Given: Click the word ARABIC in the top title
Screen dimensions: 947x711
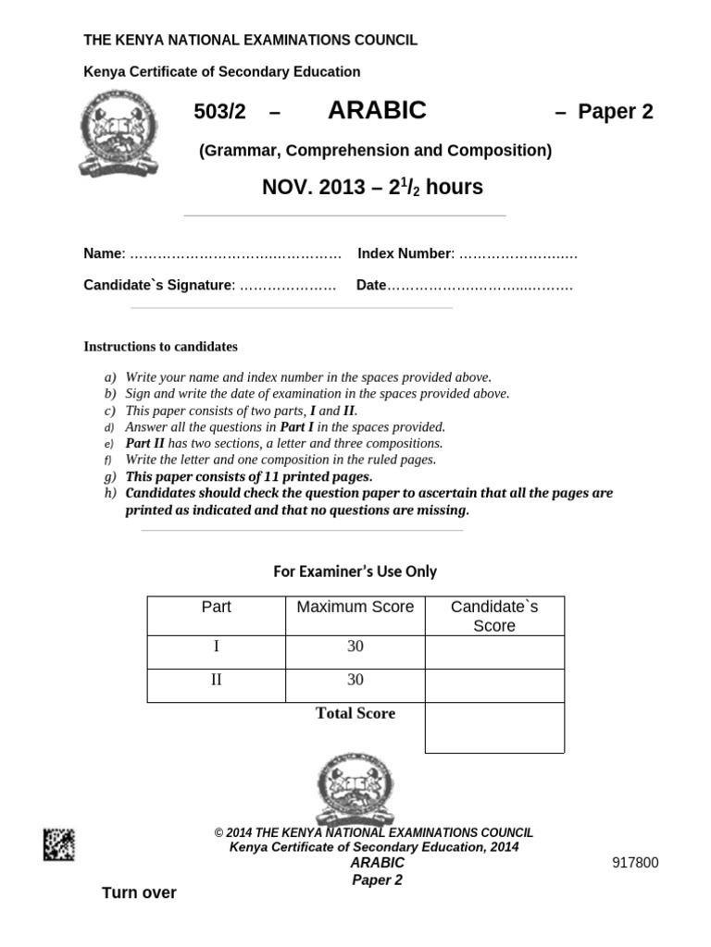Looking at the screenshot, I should point(377,111).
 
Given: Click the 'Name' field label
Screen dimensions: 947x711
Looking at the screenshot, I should point(103,253).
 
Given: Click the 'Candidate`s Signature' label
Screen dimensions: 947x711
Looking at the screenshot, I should point(156,285).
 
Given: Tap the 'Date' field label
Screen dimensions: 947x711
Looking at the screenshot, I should point(370,285).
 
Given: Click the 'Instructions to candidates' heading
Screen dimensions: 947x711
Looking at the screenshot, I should point(160,347).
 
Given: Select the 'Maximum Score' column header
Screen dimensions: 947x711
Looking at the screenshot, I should point(355,608).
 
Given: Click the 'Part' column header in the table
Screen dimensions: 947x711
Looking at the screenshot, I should point(216,608).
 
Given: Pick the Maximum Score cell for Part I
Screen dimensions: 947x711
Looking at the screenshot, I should point(355,647).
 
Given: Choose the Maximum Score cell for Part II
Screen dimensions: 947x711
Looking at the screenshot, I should point(355,680).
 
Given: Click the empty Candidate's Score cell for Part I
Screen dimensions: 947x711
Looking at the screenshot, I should point(494,652).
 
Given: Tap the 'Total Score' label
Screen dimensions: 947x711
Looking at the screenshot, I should point(355,713).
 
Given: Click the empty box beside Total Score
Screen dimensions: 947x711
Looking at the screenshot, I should point(494,728).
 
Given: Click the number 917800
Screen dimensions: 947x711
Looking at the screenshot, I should point(636,863).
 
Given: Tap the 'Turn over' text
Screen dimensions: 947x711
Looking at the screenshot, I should point(139,892).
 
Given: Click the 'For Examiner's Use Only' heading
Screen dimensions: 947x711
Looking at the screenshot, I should point(355,572).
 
